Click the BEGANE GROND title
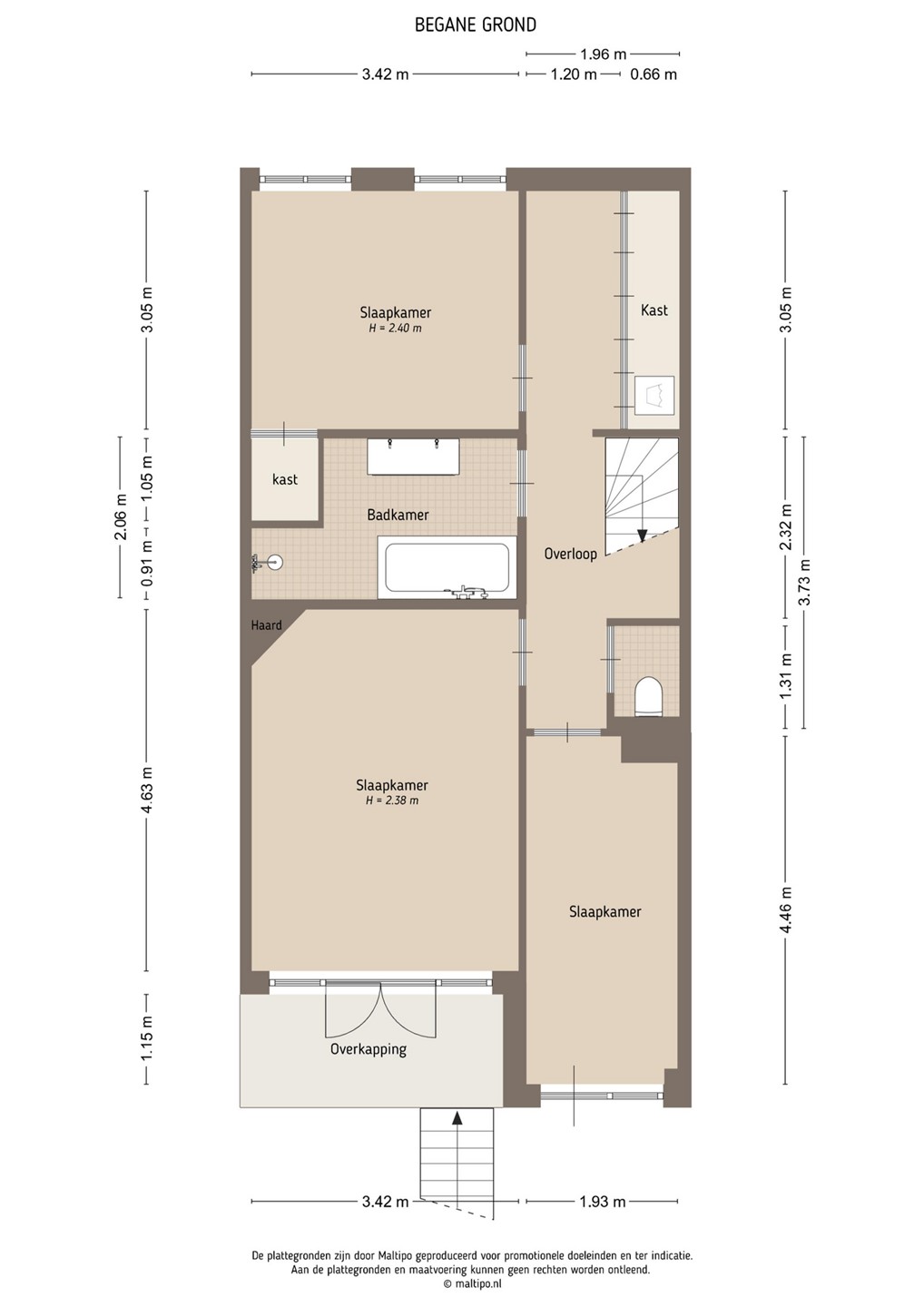tap(476, 25)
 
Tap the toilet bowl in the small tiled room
tap(649, 695)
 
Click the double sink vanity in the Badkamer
tap(414, 457)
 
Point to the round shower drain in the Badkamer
tap(276, 563)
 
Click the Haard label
tap(266, 625)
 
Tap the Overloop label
tap(571, 553)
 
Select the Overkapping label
tap(369, 1049)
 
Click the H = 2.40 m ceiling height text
tap(395, 328)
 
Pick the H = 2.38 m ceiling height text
tap(392, 801)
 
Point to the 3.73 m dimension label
tap(805, 583)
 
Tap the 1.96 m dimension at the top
tap(604, 54)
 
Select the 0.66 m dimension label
tap(654, 74)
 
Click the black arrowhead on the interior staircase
tap(643, 536)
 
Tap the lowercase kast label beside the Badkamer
tap(285, 479)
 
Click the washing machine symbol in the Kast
tap(654, 395)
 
